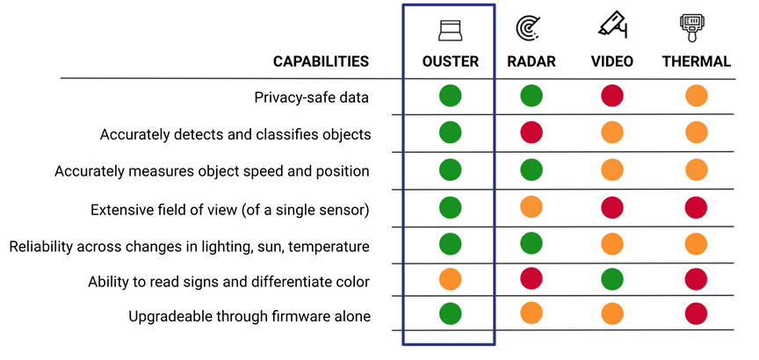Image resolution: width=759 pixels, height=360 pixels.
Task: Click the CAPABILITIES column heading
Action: [321, 62]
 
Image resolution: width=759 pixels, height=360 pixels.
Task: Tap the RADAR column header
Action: [531, 62]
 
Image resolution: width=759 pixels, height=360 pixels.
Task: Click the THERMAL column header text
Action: [697, 62]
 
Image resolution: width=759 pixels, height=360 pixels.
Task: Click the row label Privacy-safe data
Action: [312, 97]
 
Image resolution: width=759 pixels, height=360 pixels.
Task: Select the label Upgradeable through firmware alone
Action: [249, 316]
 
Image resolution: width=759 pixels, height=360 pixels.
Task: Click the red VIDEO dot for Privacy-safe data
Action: [612, 96]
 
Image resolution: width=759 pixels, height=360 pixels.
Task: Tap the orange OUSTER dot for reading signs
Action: [449, 282]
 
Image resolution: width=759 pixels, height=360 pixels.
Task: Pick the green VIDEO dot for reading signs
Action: [612, 282]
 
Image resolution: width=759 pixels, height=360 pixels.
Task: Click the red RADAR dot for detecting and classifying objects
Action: [531, 133]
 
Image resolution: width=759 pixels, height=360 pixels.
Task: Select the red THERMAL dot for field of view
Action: [697, 208]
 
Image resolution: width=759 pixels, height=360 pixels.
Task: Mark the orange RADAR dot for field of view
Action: [531, 208]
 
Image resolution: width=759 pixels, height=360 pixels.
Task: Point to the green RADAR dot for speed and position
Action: [531, 169]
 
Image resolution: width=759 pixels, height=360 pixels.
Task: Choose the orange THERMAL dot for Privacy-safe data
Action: [697, 96]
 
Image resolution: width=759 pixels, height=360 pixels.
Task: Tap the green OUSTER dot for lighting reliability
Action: [449, 244]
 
